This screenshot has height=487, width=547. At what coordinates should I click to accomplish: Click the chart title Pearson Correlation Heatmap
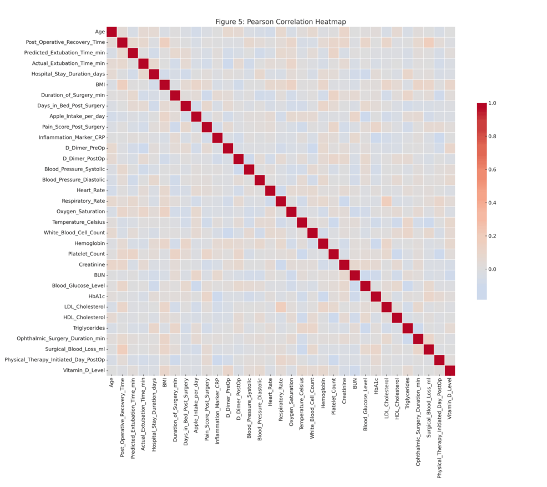(281, 22)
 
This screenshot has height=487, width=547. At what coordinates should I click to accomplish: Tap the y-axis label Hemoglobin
(89, 243)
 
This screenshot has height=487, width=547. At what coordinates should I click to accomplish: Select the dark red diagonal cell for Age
(112, 32)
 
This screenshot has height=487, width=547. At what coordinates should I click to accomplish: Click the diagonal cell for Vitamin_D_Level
(449, 370)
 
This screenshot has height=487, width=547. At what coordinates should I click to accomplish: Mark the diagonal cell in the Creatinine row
(344, 264)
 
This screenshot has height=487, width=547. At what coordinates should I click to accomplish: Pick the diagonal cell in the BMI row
(164, 84)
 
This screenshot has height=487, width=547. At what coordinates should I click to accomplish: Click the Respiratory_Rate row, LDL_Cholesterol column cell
(386, 200)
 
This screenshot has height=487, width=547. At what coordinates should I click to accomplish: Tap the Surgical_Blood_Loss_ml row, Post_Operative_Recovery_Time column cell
(122, 349)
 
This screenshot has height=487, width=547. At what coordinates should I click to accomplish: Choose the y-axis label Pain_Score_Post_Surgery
(72, 127)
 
